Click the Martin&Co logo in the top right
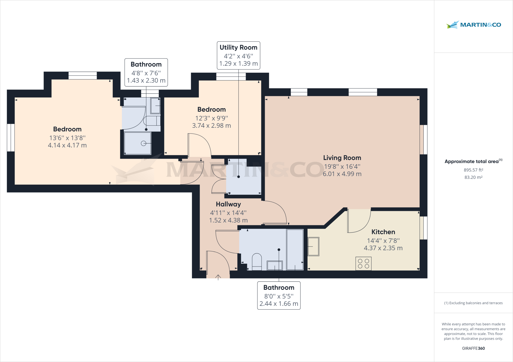click(x=473, y=25)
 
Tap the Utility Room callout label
click(x=238, y=55)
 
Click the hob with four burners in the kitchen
click(x=363, y=263)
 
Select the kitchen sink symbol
click(x=313, y=246)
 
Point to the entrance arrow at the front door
click(x=218, y=277)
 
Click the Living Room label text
click(x=342, y=158)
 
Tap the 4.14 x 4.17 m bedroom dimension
click(x=67, y=145)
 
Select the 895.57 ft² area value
click(x=473, y=170)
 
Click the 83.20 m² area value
click(x=473, y=177)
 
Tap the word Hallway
click(x=228, y=204)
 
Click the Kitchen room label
click(x=383, y=232)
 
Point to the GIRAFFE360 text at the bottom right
click(x=473, y=348)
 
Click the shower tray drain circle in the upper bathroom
click(x=144, y=143)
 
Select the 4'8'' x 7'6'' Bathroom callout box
click(x=146, y=72)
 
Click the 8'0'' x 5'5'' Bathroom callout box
click(x=279, y=295)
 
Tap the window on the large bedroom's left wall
click(x=11, y=137)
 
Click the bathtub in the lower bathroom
click(x=295, y=249)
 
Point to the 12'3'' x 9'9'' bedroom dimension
click(x=211, y=118)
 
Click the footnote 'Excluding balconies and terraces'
click(x=473, y=303)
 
